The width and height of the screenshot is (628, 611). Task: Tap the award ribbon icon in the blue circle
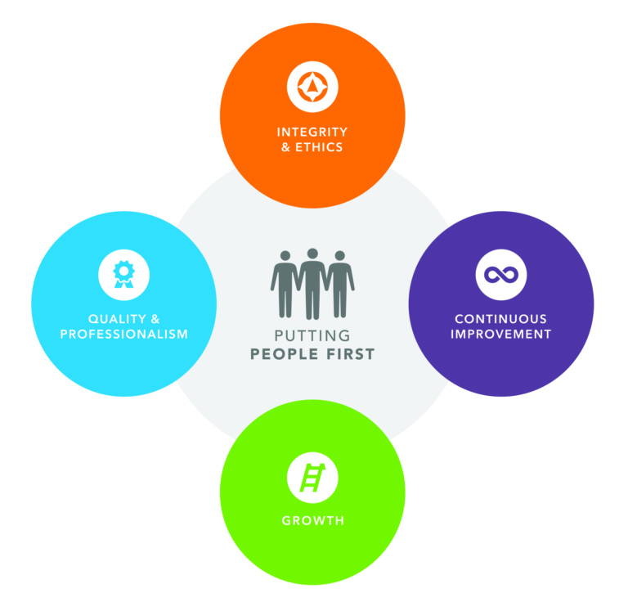[x=123, y=274]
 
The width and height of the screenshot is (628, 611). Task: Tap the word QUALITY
[x=112, y=318]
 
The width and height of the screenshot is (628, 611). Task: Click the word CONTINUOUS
[x=501, y=318]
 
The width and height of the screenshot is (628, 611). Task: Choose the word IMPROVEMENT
[x=501, y=334]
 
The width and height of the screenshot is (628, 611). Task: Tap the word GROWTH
[x=312, y=520]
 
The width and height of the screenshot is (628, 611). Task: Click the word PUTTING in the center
[x=312, y=336]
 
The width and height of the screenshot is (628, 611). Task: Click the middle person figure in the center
[x=312, y=283]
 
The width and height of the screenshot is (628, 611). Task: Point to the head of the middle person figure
[x=312, y=254]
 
